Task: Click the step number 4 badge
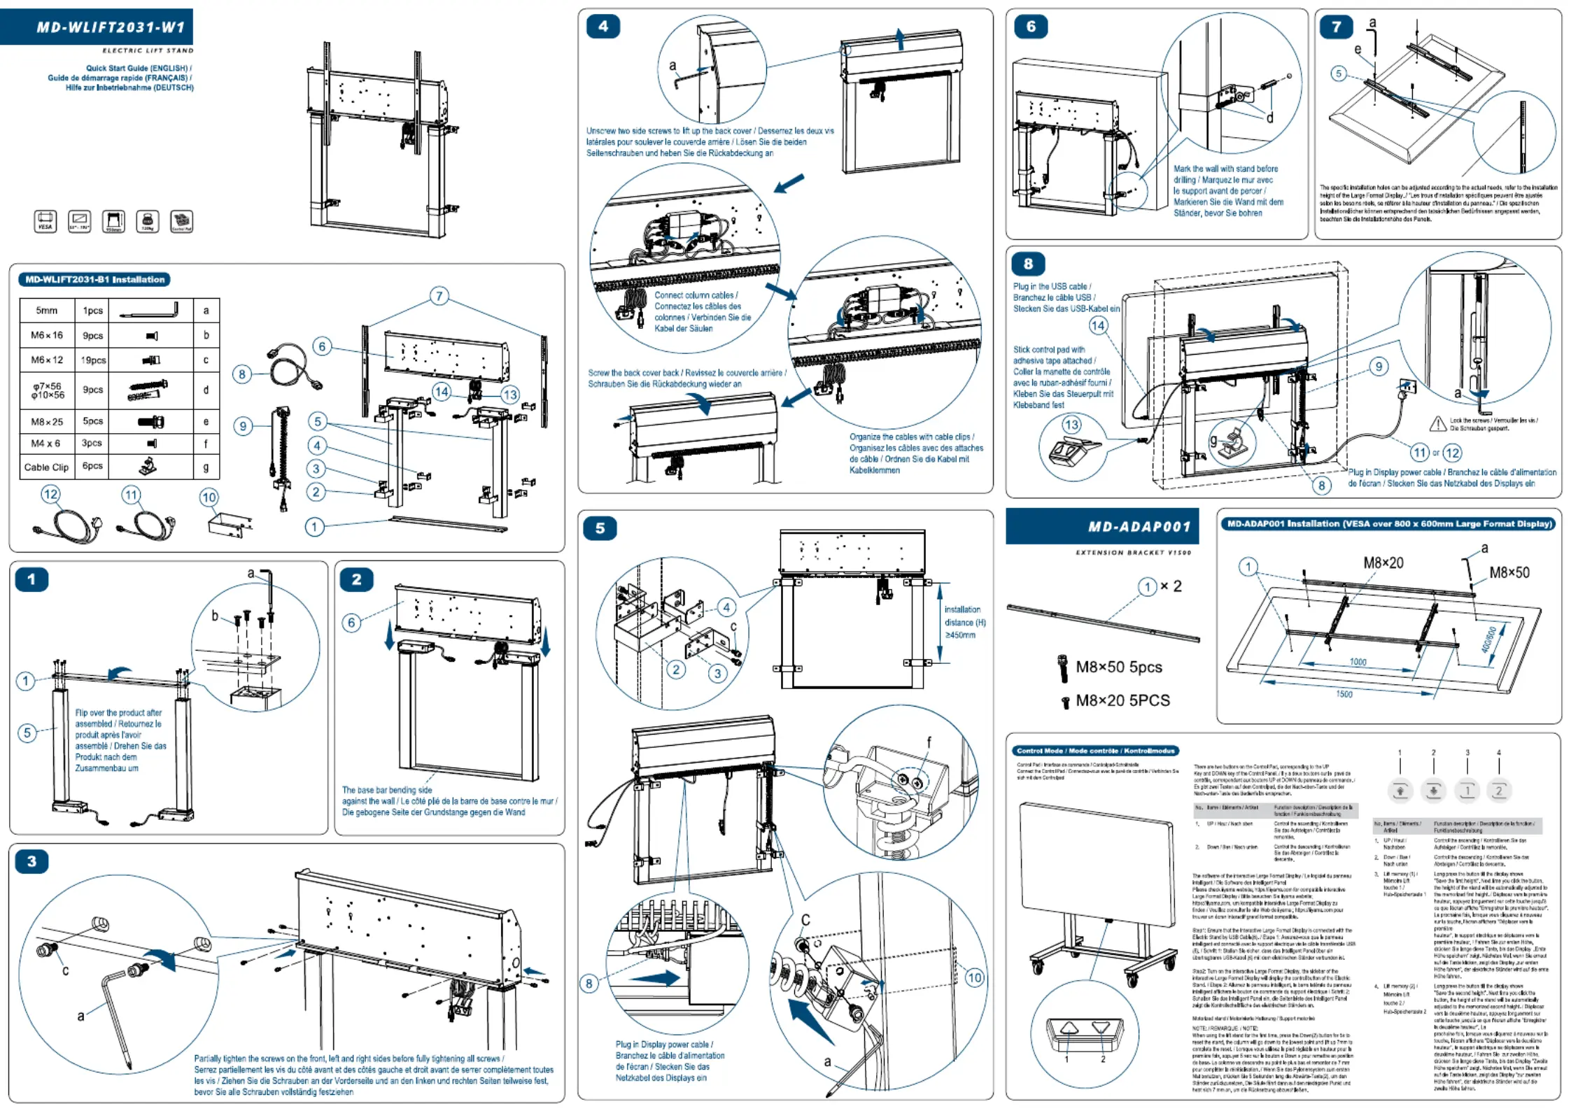click(x=603, y=27)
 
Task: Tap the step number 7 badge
click(x=1336, y=27)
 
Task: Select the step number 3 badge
click(x=31, y=861)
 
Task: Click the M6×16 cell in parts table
click(x=47, y=335)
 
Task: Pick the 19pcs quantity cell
click(x=93, y=360)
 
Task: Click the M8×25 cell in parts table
click(x=47, y=422)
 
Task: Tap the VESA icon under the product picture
click(x=45, y=221)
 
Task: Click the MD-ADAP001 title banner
click(x=1101, y=526)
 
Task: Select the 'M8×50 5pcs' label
click(x=1118, y=667)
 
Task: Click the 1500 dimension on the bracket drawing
click(x=1344, y=694)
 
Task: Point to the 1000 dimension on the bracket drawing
click(x=1358, y=662)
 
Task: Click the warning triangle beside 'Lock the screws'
click(x=1437, y=423)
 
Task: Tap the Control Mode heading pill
click(x=1095, y=751)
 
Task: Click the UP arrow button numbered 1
click(x=1400, y=791)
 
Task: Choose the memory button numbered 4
click(x=1499, y=791)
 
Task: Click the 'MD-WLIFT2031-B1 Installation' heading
click(x=94, y=280)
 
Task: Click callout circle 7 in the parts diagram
click(x=439, y=296)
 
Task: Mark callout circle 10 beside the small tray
click(x=209, y=497)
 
